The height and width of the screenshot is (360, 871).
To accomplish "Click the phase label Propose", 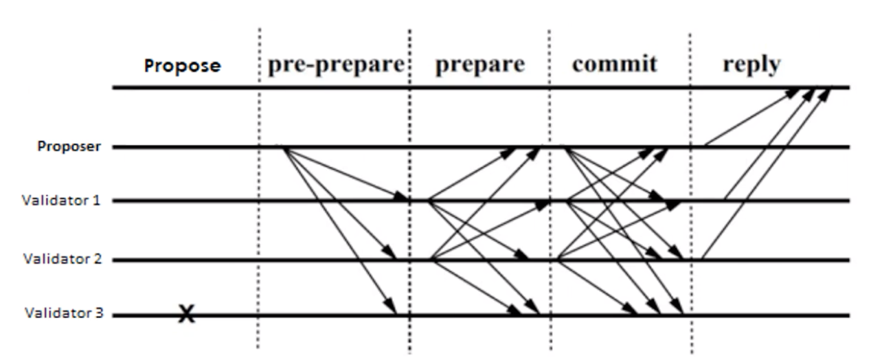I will coord(182,66).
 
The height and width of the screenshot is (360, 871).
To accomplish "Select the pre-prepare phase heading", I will coord(336,64).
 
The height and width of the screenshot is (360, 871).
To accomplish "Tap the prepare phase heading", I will coord(479,64).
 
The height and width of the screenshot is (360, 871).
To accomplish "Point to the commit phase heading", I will coord(614,64).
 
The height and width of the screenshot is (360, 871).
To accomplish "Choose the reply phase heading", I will coord(751,64).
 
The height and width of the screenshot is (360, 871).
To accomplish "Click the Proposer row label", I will coord(69,146).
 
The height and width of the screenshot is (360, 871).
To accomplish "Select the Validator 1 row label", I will coord(61,201).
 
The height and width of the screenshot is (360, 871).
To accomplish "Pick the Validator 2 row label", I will coord(62,259).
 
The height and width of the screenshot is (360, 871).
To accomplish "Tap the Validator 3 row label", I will coord(63,314).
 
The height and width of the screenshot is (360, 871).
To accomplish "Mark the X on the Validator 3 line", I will coord(185,315).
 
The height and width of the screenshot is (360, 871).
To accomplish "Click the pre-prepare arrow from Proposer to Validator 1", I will coord(343,173).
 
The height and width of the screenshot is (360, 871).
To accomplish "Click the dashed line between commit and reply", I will coord(690,227).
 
